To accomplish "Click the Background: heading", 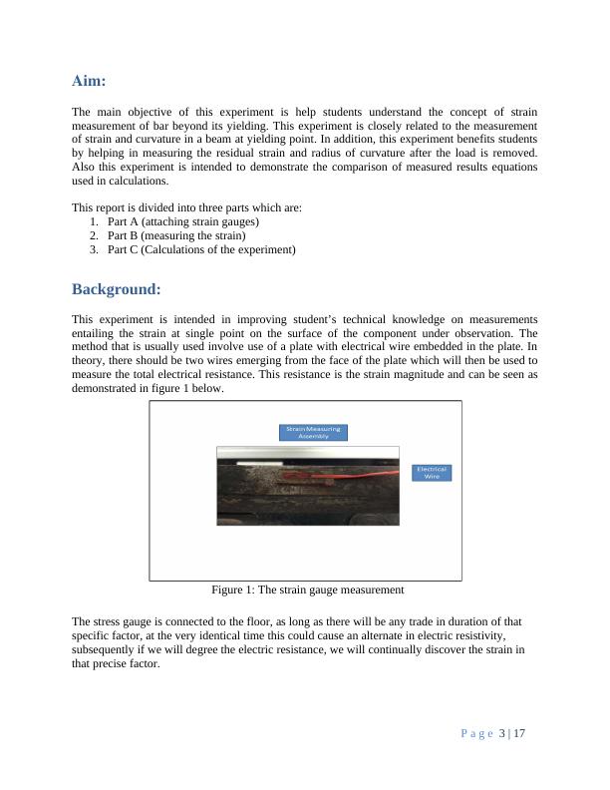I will pos(116,289).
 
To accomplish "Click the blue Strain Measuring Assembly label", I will pos(313,432).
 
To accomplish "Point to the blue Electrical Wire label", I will pos(432,473).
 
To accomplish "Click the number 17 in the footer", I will pos(519,735).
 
